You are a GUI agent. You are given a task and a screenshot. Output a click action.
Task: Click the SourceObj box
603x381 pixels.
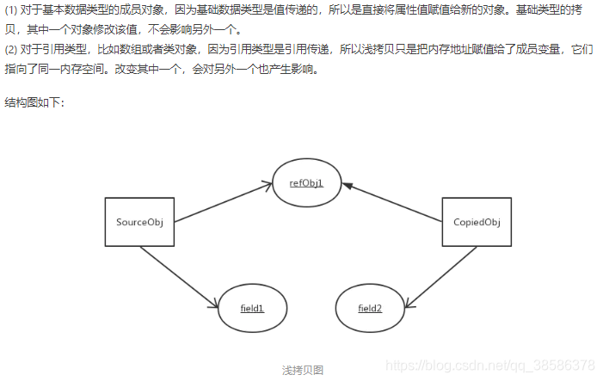pyautogui.click(x=139, y=223)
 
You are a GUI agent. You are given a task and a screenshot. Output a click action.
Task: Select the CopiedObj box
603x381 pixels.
pyautogui.click(x=477, y=223)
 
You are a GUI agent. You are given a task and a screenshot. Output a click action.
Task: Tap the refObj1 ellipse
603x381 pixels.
pyautogui.click(x=307, y=183)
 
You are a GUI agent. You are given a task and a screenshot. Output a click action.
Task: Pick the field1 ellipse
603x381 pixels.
pyautogui.click(x=252, y=307)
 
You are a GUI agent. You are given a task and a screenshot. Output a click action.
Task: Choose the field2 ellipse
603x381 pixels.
pyautogui.click(x=370, y=307)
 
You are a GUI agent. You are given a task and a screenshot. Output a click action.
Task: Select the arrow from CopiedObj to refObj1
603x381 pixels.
pyautogui.click(x=392, y=203)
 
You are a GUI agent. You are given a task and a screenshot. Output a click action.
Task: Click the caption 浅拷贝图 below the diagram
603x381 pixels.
pyautogui.click(x=303, y=370)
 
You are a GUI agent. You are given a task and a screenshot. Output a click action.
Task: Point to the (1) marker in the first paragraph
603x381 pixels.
pyautogui.click(x=11, y=11)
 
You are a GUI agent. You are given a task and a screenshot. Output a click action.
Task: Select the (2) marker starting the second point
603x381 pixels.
pyautogui.click(x=11, y=48)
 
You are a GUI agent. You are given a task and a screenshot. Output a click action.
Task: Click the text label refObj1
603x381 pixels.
pyautogui.click(x=307, y=183)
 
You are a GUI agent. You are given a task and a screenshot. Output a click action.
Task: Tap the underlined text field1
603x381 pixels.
pyautogui.click(x=252, y=307)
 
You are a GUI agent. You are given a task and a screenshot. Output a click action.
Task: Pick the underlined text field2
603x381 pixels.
pyautogui.click(x=370, y=307)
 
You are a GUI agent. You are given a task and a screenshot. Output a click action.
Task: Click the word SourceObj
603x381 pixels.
pyautogui.click(x=139, y=223)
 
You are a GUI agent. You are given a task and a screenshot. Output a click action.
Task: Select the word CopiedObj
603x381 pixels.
pyautogui.click(x=477, y=223)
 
